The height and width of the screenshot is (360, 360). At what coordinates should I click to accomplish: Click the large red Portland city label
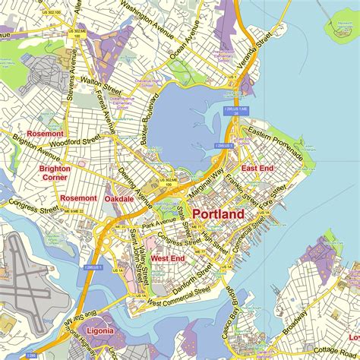coord(218,214)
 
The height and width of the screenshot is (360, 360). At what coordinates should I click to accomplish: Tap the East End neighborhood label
coord(257,168)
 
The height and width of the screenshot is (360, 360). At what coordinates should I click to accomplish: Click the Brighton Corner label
coord(55,172)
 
